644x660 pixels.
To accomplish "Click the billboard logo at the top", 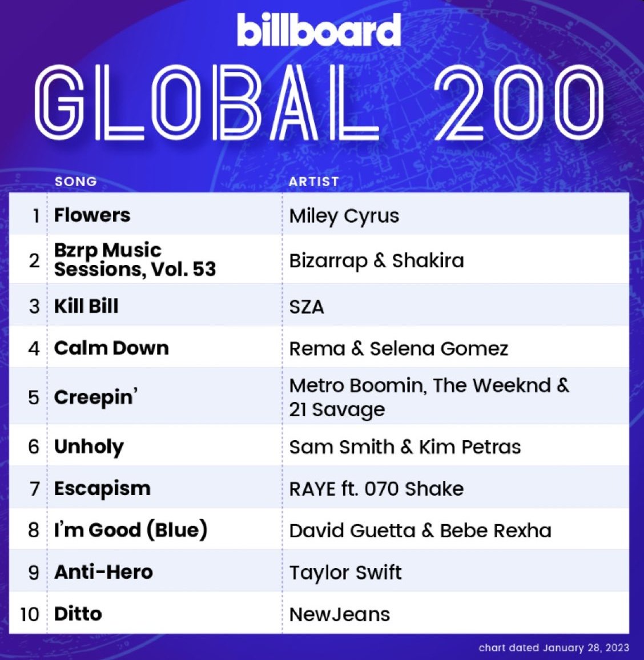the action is (x=319, y=30).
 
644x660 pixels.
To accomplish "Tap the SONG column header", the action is (x=76, y=182).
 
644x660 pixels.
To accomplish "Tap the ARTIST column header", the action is (x=313, y=182).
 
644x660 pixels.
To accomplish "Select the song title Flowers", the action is (x=92, y=215).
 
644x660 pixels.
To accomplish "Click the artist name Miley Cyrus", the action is (x=344, y=216).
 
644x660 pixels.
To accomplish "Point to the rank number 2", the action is (x=34, y=260).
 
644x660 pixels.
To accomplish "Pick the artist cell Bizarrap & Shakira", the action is (x=376, y=260).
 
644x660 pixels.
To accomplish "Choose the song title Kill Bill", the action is (x=86, y=306).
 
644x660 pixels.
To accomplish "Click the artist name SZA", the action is (x=307, y=307).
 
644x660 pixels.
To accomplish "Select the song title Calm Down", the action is (x=111, y=348).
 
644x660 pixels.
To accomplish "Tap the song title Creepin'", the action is (x=96, y=397).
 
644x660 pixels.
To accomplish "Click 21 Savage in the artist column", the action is (x=337, y=409).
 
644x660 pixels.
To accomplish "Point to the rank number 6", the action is (x=34, y=446).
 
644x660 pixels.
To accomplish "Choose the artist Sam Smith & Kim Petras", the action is (x=405, y=447).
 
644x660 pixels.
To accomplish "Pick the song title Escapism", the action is (x=102, y=489).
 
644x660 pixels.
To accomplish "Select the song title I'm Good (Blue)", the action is (x=131, y=530).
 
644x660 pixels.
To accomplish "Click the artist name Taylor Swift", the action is (x=345, y=573).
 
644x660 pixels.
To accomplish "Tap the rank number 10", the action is (x=30, y=614).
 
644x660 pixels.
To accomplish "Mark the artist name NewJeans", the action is (x=340, y=614).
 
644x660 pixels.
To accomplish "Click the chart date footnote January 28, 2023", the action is (x=586, y=647).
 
